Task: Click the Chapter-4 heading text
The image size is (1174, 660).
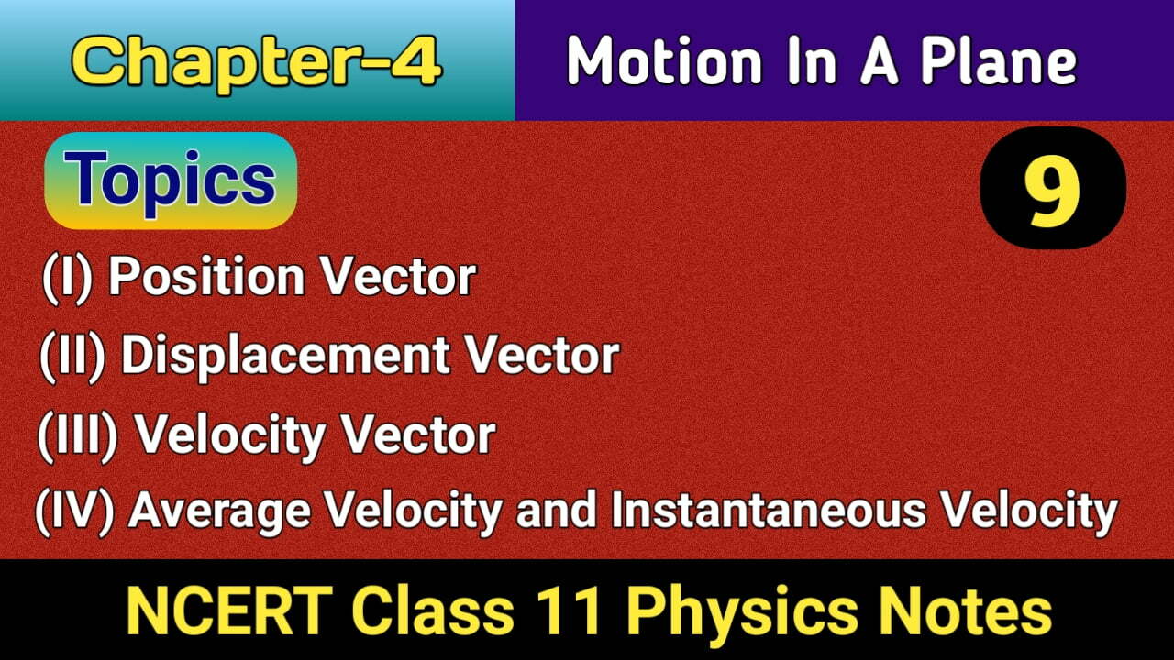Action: point(257,62)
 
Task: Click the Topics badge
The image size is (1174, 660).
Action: point(171,180)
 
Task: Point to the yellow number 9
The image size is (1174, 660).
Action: point(1052,188)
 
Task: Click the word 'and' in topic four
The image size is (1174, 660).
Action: point(560,511)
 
